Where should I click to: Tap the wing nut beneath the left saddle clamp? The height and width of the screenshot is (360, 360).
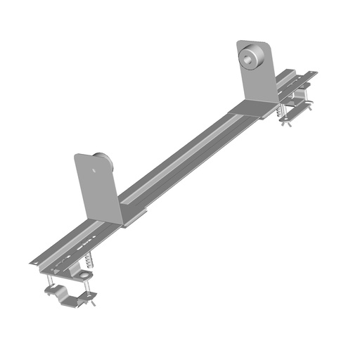coord(91,304)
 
